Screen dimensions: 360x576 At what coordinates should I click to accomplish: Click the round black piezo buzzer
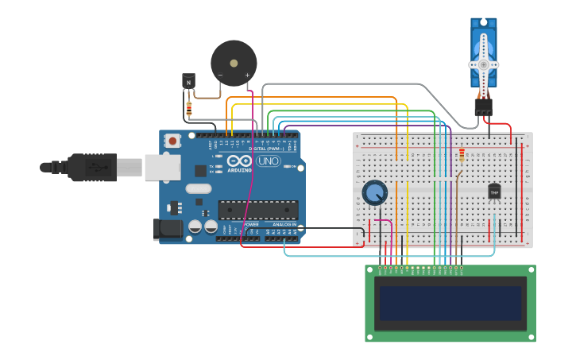coord(234,62)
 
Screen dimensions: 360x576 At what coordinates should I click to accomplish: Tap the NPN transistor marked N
coord(188,81)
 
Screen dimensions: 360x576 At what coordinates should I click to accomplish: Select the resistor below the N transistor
coord(188,107)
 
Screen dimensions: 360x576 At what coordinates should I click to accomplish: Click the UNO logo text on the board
coord(268,161)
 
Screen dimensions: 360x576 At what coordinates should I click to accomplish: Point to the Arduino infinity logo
coord(239,161)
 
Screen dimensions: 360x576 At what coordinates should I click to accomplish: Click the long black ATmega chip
coord(258,210)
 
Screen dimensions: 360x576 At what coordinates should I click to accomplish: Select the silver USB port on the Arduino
coord(162,167)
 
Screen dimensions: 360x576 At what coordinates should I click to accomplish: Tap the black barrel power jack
coord(168,228)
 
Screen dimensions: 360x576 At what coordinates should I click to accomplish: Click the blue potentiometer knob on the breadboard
coord(374,192)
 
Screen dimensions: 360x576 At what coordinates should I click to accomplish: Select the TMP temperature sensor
coord(494,192)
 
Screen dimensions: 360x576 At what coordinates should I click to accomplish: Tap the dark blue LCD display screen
coord(450,303)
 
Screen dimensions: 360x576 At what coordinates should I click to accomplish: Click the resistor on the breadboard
coord(462,155)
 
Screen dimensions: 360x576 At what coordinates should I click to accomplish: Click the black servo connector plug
coord(483,106)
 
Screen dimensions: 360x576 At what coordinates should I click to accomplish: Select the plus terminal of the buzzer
coord(247,75)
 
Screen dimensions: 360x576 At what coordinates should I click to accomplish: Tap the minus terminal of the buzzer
coord(220,75)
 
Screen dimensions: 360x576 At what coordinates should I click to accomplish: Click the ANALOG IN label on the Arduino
coord(284,225)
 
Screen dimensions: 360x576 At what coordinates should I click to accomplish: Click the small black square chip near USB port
coord(200,170)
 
